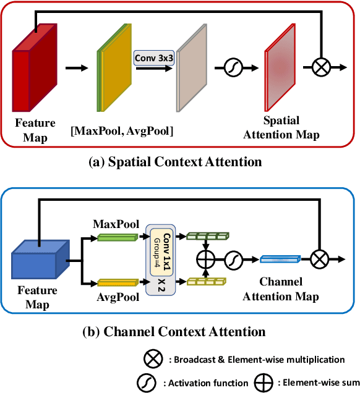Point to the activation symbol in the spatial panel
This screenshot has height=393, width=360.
coord(226,67)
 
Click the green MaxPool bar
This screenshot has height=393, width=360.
coord(115,237)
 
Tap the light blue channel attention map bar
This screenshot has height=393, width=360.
coord(280,259)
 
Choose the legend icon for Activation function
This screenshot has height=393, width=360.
coord(146,382)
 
